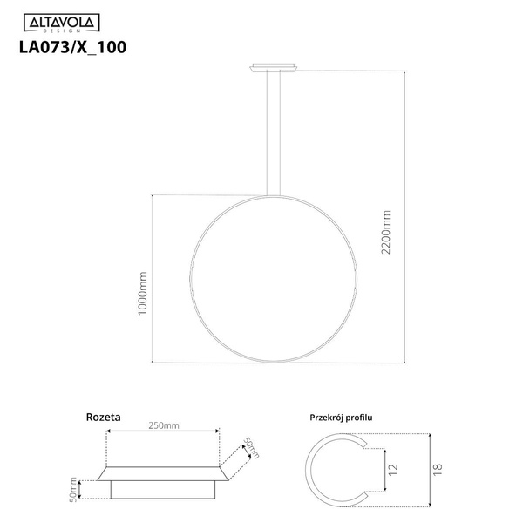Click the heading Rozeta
(x=103, y=418)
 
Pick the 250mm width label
(x=163, y=425)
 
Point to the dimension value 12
(x=394, y=469)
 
